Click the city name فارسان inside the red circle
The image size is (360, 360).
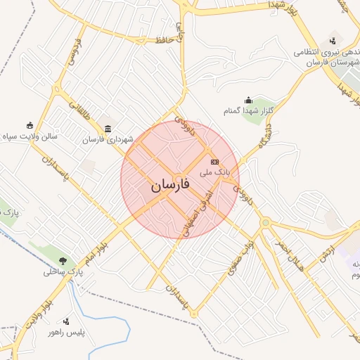tap(169, 186)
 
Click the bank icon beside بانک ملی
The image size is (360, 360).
tap(214, 162)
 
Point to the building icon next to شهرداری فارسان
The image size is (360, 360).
tap(108, 129)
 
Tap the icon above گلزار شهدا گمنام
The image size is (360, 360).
tap(247, 101)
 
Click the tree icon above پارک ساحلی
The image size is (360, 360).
tap(63, 260)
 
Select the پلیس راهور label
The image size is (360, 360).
tap(71, 331)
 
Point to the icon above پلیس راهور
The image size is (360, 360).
tap(67, 321)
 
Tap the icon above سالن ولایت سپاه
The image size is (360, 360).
tap(29, 124)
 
